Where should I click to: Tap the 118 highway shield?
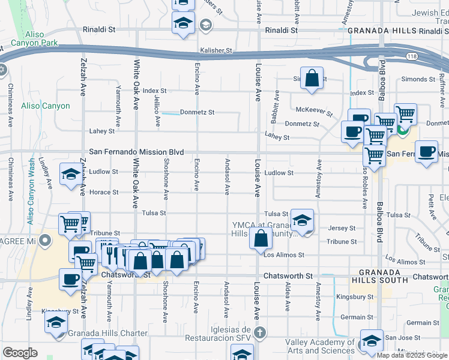point(384,55)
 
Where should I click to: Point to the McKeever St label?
point(314,110)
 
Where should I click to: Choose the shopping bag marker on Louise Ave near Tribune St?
point(261,238)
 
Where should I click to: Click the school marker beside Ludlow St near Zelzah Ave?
point(71,175)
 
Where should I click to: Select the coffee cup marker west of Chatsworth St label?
point(71,279)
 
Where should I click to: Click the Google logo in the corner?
point(20,353)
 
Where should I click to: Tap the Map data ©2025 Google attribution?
point(412,355)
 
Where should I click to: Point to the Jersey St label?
point(342,228)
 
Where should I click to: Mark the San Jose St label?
point(400,338)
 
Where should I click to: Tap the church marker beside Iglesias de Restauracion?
point(259,332)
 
